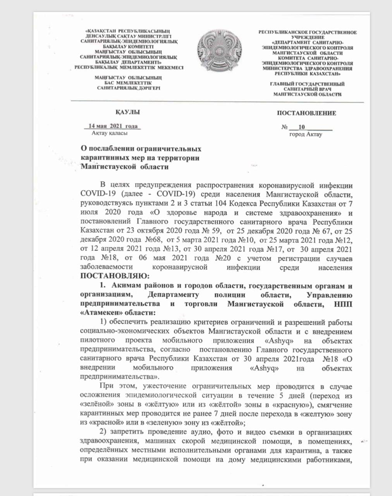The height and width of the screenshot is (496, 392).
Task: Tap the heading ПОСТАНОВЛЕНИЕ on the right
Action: pos(306,113)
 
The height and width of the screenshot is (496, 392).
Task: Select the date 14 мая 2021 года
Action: pos(113,126)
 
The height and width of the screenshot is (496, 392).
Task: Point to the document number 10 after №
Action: pos(302,127)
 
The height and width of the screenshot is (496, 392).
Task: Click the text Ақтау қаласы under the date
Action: pos(110,133)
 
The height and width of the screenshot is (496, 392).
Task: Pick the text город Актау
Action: pos(306,134)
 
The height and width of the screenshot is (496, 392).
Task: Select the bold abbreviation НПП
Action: pos(343,305)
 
